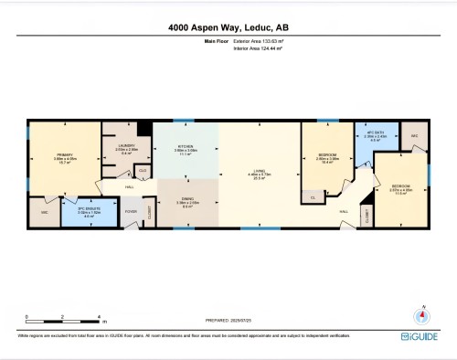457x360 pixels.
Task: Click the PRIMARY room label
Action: pyautogui.click(x=63, y=155)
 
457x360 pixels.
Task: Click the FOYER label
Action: pyautogui.click(x=131, y=212)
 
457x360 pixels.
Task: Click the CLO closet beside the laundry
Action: pyautogui.click(x=143, y=171)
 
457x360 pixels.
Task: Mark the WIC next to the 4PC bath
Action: pyautogui.click(x=414, y=136)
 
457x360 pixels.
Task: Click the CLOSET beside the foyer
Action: pyautogui.click(x=150, y=212)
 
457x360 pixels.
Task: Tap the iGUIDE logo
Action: pyautogui.click(x=419, y=336)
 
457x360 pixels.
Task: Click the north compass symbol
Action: pyautogui.click(x=421, y=315)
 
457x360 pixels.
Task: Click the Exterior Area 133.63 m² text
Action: pyautogui.click(x=258, y=42)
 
